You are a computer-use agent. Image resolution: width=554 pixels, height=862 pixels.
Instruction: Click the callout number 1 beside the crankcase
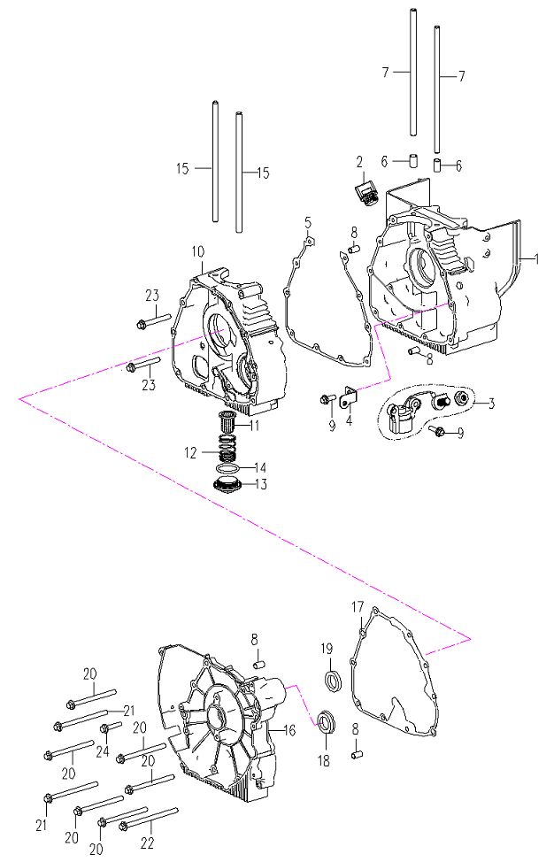point(537,259)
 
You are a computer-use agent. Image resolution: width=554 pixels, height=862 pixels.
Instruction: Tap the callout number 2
point(359,162)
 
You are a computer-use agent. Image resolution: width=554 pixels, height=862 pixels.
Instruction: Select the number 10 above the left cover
point(198,252)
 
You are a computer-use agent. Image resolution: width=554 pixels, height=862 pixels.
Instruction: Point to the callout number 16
point(289,731)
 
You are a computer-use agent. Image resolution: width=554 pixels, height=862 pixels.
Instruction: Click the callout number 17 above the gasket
point(358,607)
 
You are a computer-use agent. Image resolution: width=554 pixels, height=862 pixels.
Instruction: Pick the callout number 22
point(147,843)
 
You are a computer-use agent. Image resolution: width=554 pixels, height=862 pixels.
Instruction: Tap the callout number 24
point(103,751)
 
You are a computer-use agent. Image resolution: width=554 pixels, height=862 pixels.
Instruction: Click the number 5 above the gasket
point(308,223)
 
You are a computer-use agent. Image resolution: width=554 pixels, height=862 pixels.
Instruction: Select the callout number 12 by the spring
point(190,453)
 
